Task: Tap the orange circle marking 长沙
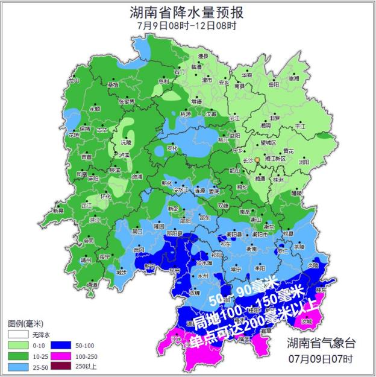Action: coord(257,160)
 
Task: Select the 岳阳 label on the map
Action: coord(274,85)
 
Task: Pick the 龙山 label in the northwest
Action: coord(74,80)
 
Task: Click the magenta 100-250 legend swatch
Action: coord(58,355)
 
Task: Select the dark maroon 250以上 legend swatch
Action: coord(58,366)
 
